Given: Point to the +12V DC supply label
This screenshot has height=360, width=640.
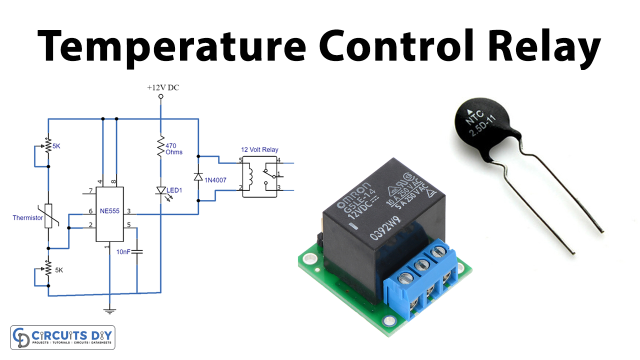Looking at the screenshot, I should [162, 87].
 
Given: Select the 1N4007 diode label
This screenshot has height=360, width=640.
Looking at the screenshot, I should [215, 179].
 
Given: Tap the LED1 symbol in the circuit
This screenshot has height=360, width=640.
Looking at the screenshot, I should [161, 190].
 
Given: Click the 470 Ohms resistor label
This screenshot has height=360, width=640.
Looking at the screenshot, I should [174, 148].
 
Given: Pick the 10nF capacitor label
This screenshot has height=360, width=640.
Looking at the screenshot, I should [122, 251].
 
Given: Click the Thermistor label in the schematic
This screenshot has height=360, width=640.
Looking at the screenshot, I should [28, 217].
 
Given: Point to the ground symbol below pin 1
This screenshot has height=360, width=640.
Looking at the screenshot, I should [109, 311].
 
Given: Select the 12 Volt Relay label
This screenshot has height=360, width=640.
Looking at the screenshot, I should [259, 149].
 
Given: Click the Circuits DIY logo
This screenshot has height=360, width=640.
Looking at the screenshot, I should [62, 337].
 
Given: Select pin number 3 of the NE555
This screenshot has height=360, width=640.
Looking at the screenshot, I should [129, 211].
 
